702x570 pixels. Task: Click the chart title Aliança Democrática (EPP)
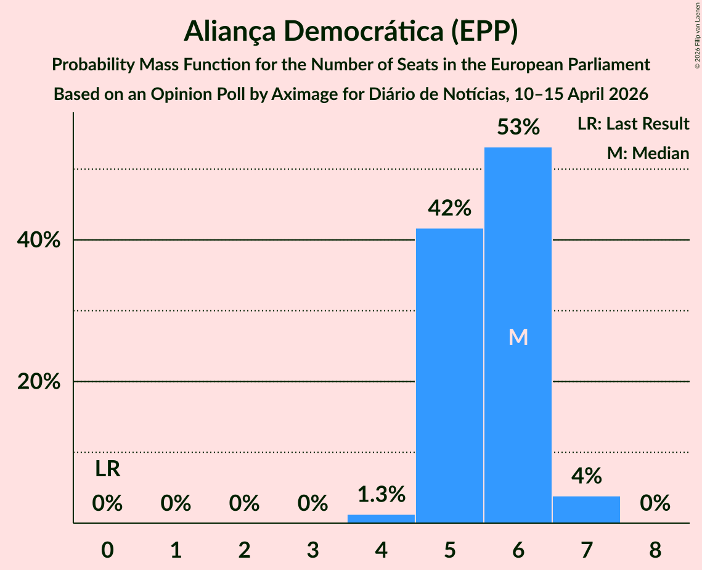(x=351, y=31)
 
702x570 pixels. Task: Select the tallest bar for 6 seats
(x=518, y=335)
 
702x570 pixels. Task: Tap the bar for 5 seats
(x=449, y=376)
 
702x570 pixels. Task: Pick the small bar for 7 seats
(x=587, y=510)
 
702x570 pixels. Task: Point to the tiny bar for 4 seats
(x=381, y=519)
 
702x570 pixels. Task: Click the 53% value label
(x=518, y=127)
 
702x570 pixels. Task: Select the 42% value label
(x=449, y=208)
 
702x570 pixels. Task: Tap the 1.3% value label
(x=382, y=494)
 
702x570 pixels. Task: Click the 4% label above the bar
(x=587, y=476)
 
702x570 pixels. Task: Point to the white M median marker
(x=518, y=337)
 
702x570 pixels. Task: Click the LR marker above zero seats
(x=107, y=469)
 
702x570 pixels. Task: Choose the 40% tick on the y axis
(x=38, y=240)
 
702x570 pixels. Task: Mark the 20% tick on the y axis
(x=38, y=382)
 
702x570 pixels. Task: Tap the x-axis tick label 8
(x=655, y=550)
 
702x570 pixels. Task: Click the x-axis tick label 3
(x=312, y=550)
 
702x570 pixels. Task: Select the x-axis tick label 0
(x=107, y=550)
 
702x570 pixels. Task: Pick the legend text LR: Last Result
(x=633, y=123)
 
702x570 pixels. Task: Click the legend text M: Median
(x=648, y=153)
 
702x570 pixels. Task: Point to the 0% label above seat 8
(x=655, y=503)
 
